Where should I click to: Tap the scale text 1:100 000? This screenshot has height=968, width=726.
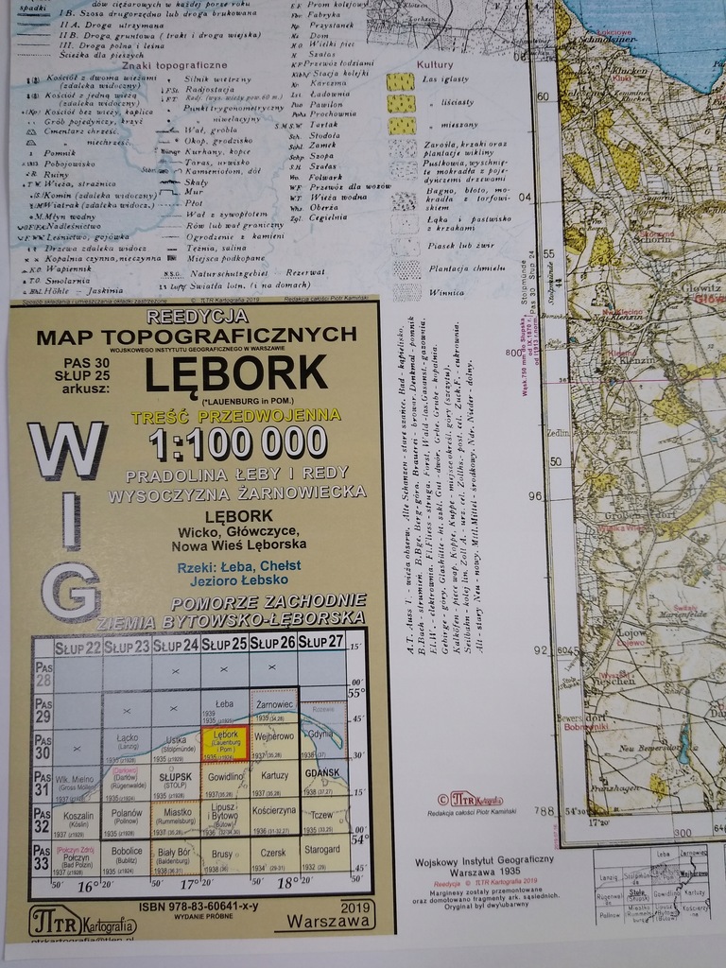tap(237, 442)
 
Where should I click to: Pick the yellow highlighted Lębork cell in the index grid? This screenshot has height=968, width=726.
tap(225, 742)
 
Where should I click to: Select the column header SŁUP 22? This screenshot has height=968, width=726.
tap(78, 648)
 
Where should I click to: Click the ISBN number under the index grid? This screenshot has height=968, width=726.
tap(199, 906)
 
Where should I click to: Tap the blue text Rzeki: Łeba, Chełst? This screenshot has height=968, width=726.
tap(238, 565)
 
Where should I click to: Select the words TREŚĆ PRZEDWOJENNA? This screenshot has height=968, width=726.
tap(236, 415)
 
